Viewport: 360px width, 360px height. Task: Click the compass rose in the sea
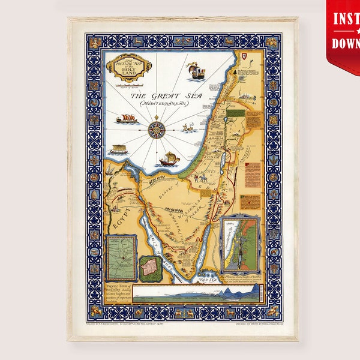pyautogui.click(x=157, y=128)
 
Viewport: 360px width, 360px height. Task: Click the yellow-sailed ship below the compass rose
pyautogui.click(x=169, y=158)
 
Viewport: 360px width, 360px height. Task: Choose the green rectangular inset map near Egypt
pyautogui.click(x=121, y=257)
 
